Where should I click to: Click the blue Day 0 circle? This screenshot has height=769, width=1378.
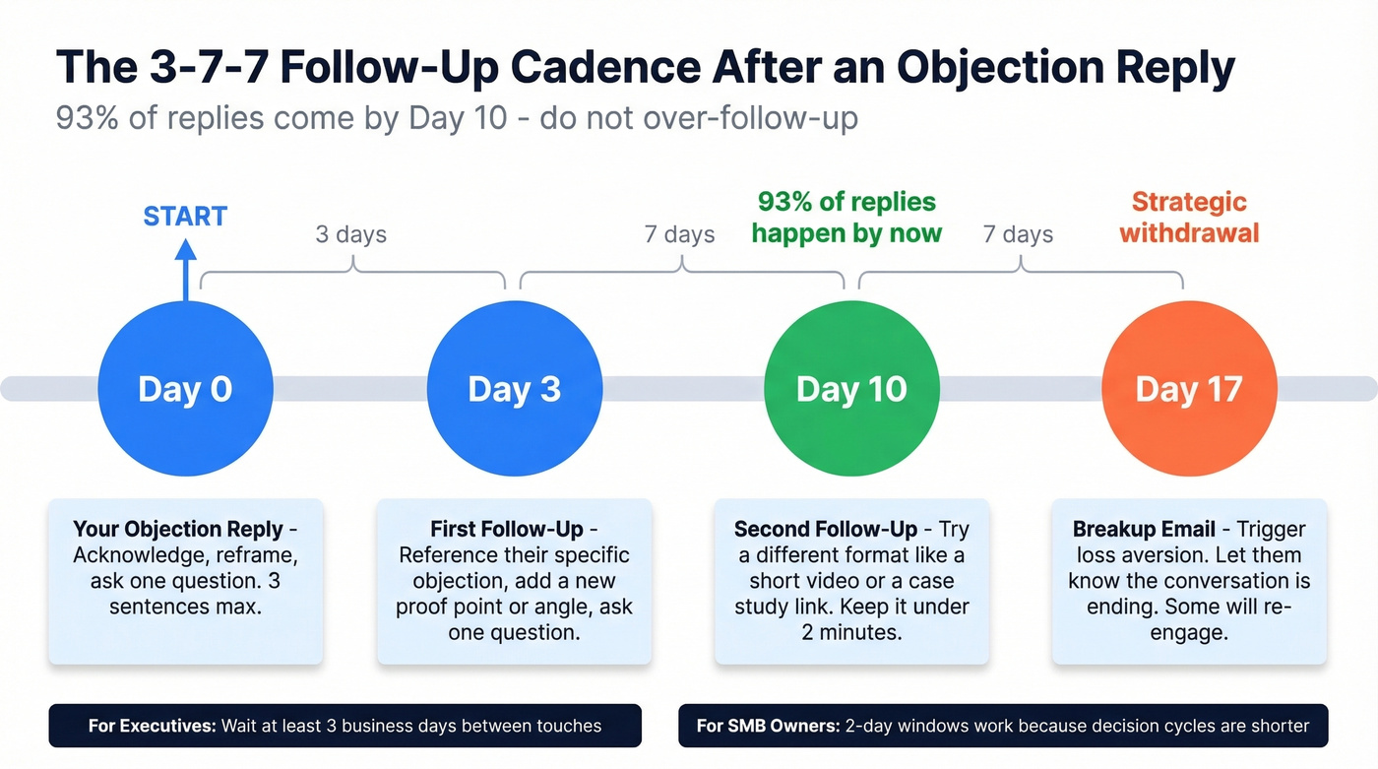[185, 389]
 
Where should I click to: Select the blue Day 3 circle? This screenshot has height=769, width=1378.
[514, 389]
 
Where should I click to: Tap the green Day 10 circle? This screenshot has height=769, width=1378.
[851, 389]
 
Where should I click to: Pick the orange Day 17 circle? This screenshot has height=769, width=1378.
[1188, 389]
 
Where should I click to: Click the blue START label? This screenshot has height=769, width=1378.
[185, 217]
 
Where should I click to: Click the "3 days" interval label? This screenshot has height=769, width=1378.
[351, 234]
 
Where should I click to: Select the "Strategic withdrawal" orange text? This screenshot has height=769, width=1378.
[1189, 218]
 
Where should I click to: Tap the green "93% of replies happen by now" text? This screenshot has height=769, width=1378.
[846, 218]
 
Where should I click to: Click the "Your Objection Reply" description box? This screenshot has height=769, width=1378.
[185, 581]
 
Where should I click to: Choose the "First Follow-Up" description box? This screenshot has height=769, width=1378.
[514, 581]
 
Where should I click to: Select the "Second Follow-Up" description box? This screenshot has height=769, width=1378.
[851, 581]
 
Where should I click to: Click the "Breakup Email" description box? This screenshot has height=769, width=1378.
[1189, 581]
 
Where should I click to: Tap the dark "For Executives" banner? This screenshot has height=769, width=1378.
[344, 726]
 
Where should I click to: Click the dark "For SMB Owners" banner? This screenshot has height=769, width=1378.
[1003, 726]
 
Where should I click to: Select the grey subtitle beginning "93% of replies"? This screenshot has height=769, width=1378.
[457, 118]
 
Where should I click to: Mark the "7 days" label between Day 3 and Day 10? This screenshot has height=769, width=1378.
[680, 234]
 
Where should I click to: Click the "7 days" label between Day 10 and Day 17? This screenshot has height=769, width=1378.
[1018, 234]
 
